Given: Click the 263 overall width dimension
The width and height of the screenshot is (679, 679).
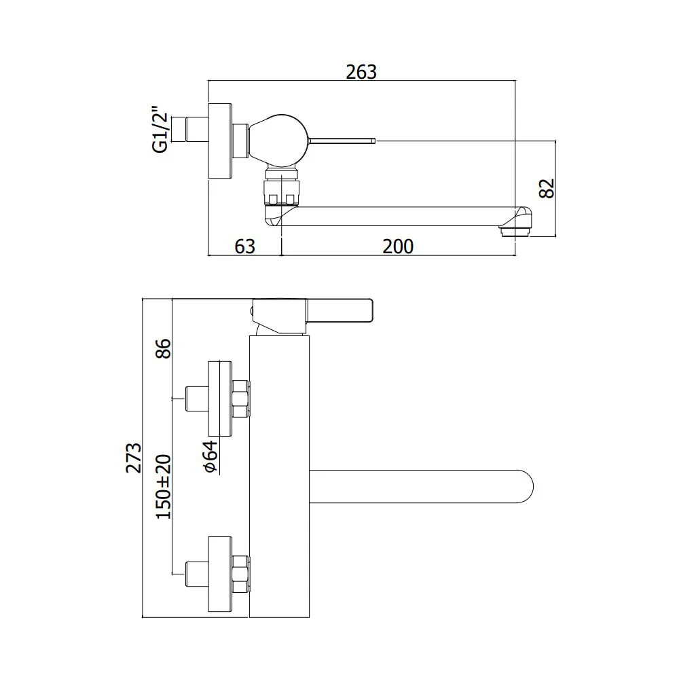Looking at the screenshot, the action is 361,72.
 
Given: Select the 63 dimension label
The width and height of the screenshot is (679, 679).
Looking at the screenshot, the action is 244,246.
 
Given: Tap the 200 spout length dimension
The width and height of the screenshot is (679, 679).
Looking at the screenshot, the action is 398,246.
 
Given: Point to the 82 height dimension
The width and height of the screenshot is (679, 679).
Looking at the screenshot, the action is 547,188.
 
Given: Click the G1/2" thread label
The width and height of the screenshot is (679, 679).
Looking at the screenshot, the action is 160,129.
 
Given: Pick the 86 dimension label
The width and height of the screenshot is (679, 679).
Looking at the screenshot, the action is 163,348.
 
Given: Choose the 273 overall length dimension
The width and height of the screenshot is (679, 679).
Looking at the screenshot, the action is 133,458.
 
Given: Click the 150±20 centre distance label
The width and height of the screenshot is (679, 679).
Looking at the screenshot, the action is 163,487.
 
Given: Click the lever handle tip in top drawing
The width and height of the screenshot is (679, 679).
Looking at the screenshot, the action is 373,141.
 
